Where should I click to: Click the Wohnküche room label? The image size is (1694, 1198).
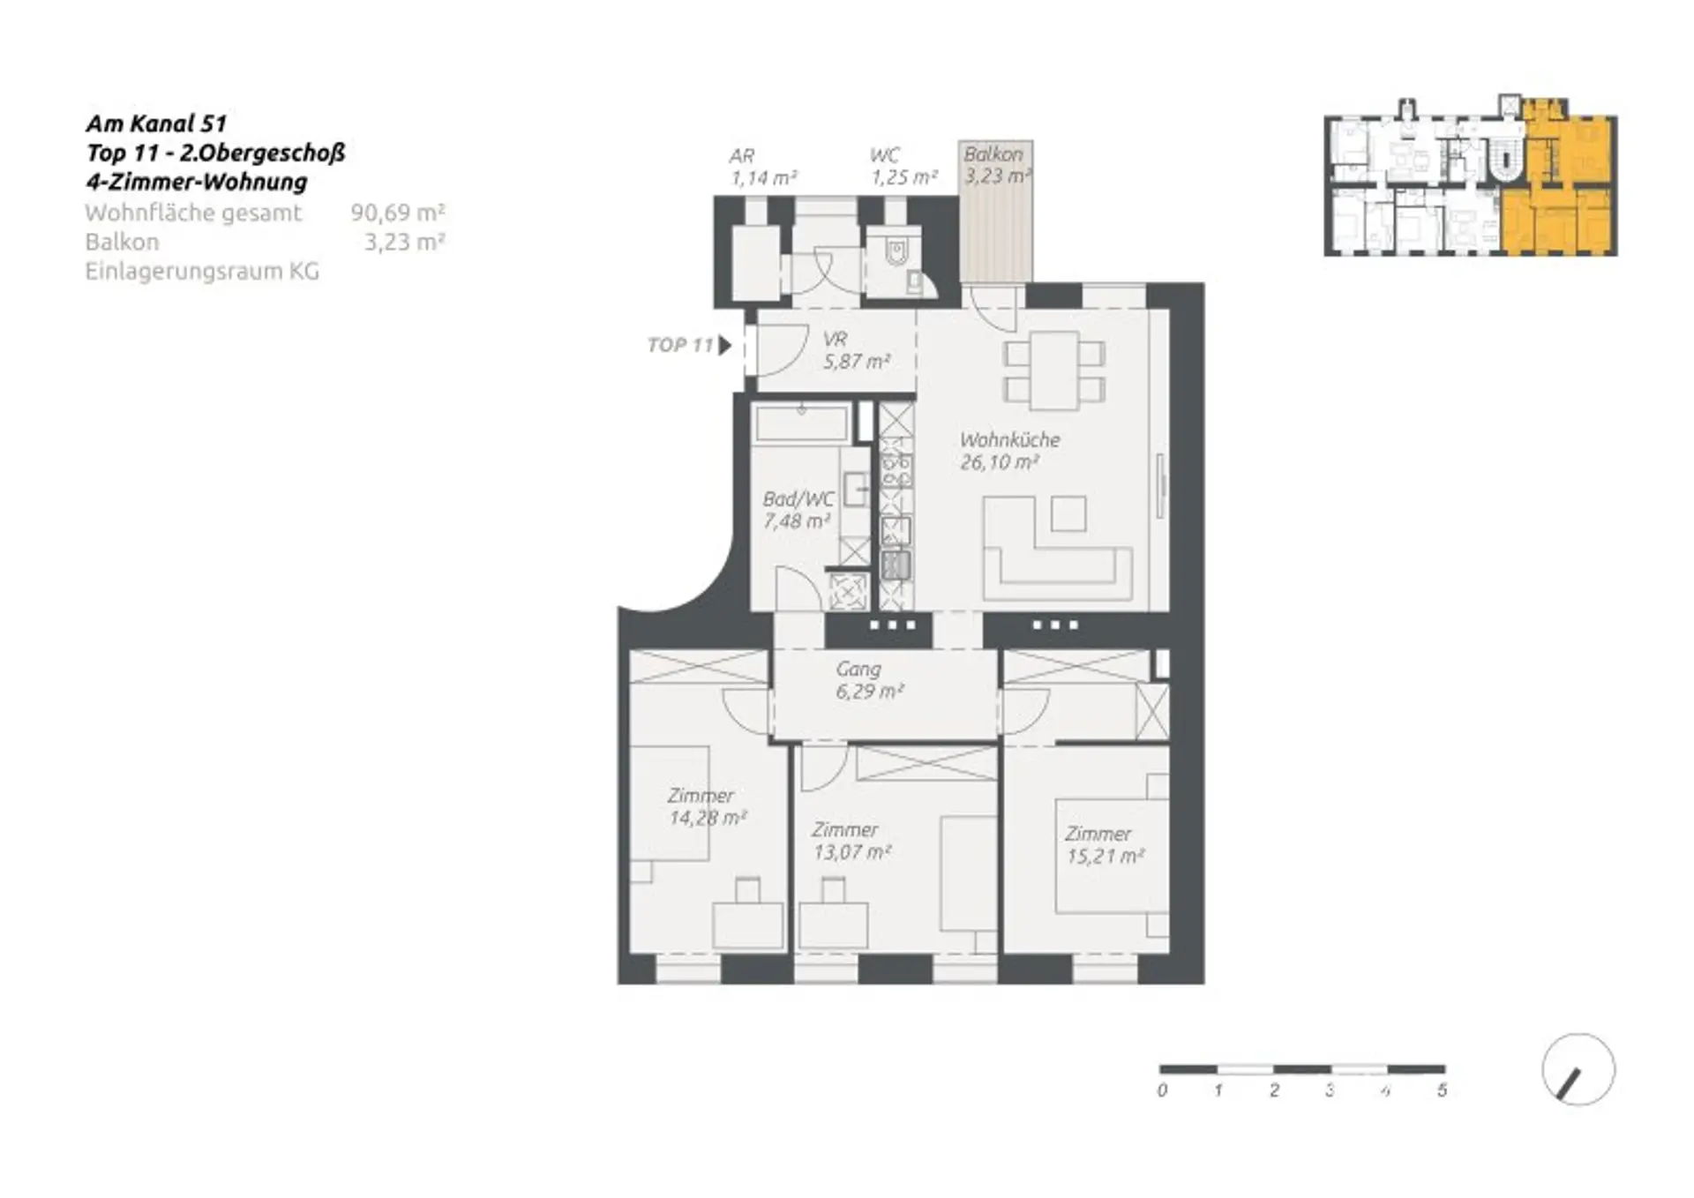[x=1009, y=439]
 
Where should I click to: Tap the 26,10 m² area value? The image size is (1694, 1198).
[x=999, y=462]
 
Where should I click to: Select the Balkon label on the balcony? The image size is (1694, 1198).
[x=993, y=153]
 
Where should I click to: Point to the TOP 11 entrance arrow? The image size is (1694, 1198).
[x=725, y=345]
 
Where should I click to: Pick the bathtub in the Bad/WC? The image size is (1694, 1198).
[x=801, y=424]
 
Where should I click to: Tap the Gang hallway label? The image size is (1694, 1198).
[x=858, y=670]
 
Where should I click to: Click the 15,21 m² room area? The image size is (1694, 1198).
[x=1105, y=857]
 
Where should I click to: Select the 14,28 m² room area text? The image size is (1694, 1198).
[x=708, y=818]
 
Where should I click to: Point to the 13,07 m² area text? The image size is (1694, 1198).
[x=851, y=852]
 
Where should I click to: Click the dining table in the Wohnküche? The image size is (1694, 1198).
[x=1054, y=371]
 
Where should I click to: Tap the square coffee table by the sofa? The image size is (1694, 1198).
[x=1068, y=513]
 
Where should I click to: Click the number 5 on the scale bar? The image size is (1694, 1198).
[x=1442, y=1090]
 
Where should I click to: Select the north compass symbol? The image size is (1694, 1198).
[x=1578, y=1069]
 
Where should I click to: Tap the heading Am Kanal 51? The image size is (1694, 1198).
[x=156, y=124]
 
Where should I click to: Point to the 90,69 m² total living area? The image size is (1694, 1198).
[x=398, y=213]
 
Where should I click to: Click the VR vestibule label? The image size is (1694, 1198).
[x=835, y=339]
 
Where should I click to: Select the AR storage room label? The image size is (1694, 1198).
[x=741, y=156]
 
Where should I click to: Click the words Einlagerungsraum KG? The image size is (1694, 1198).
[x=202, y=272]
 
